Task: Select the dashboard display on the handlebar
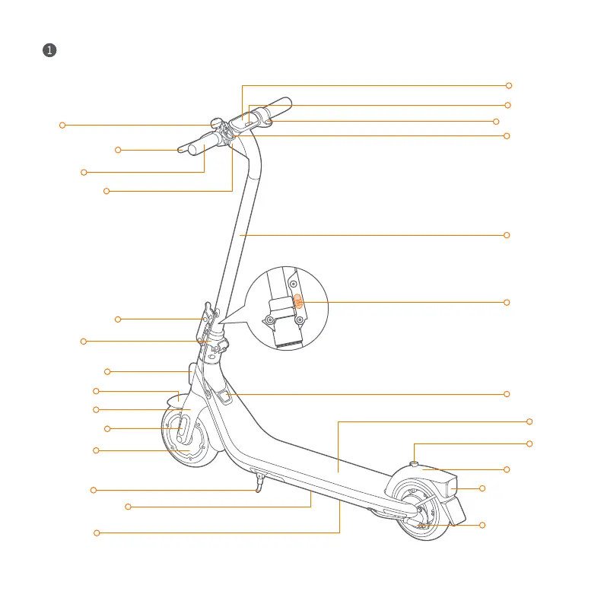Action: tap(246, 119)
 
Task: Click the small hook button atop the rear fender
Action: tap(414, 462)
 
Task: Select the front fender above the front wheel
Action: tap(176, 399)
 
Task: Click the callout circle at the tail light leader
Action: tap(482, 488)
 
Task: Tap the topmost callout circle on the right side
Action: tap(509, 85)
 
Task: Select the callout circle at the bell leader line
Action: tap(62, 124)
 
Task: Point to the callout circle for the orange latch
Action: tap(507, 303)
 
